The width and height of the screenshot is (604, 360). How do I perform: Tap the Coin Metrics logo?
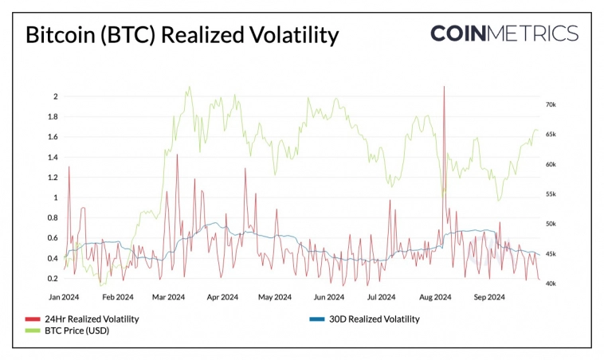[x=504, y=33]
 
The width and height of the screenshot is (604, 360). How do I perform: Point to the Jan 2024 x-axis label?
[x=65, y=297]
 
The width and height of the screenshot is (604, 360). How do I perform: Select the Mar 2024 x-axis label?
[x=169, y=297]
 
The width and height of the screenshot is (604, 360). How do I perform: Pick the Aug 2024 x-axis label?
[x=434, y=297]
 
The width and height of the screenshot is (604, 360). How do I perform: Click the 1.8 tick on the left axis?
[x=53, y=117]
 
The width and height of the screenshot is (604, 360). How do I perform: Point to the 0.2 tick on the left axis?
[x=53, y=279]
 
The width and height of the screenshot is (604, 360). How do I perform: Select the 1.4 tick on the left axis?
[x=53, y=158]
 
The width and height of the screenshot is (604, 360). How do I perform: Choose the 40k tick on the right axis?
[x=550, y=284]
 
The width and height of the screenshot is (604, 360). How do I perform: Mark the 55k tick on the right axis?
[x=550, y=194]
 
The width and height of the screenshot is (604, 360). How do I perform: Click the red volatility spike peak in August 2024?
[x=443, y=87]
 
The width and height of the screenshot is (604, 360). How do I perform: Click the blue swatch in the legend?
[x=315, y=319]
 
